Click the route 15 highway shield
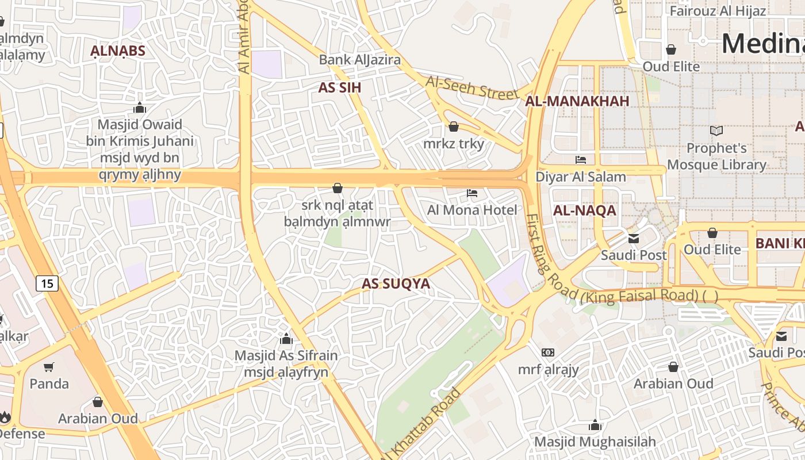click(x=47, y=283)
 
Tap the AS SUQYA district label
click(x=396, y=283)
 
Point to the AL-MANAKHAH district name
click(x=577, y=101)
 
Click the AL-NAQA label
click(x=584, y=210)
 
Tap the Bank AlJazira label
click(x=360, y=60)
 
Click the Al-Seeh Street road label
click(x=471, y=87)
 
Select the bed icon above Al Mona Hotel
click(x=472, y=193)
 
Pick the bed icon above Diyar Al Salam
click(x=581, y=160)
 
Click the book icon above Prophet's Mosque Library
click(x=716, y=131)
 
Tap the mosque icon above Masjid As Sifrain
click(x=286, y=339)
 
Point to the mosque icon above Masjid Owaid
click(x=140, y=108)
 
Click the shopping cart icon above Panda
click(x=49, y=367)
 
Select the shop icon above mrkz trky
click(x=454, y=126)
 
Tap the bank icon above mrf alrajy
click(x=548, y=352)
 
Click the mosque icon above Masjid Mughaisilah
click(x=595, y=425)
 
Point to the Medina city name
click(x=762, y=44)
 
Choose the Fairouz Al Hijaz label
click(x=718, y=11)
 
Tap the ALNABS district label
click(x=117, y=51)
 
